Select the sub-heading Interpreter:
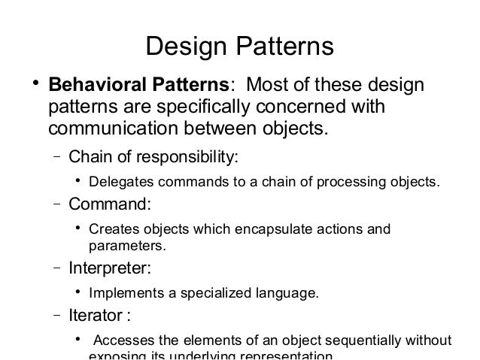(x=109, y=268)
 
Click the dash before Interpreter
(x=57, y=268)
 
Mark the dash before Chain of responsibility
(x=57, y=158)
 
